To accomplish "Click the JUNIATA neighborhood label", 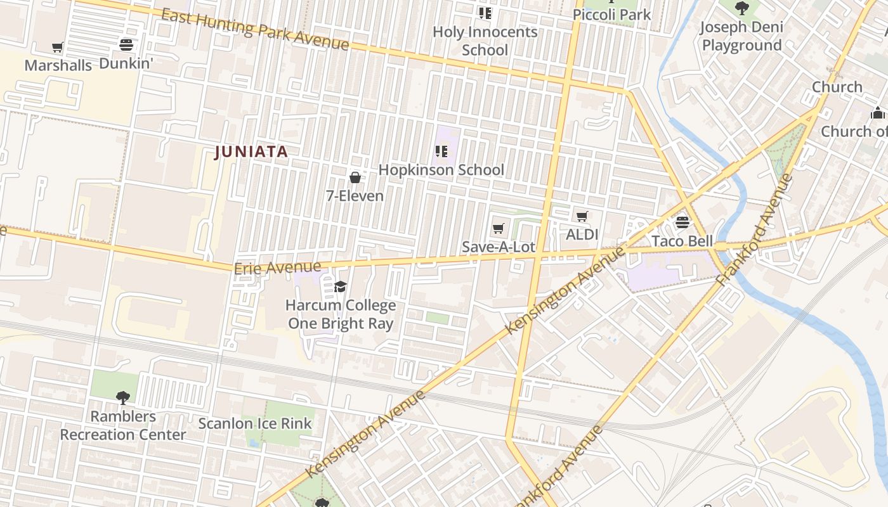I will click(x=251, y=152).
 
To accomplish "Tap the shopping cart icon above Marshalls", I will click(x=58, y=47).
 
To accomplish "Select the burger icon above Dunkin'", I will click(x=126, y=44).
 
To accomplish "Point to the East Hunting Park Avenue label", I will click(x=254, y=29).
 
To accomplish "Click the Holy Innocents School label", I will click(x=485, y=41).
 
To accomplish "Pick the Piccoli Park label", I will click(x=611, y=14).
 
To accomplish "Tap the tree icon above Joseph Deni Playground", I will click(x=741, y=8).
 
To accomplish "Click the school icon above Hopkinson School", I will click(x=441, y=151).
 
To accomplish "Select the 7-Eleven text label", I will click(x=355, y=196).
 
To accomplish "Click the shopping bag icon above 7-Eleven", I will click(x=355, y=177).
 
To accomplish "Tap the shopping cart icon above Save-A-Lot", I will click(x=499, y=228).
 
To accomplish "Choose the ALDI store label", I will click(x=582, y=234).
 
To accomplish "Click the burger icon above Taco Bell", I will click(x=682, y=222).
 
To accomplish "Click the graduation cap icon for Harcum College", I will click(x=341, y=287).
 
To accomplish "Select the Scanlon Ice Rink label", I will click(x=255, y=423).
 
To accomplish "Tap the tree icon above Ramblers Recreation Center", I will click(x=123, y=398).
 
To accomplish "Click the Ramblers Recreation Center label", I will click(x=123, y=425).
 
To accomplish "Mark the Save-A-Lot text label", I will click(x=499, y=247).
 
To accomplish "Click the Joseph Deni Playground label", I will click(x=741, y=36).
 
